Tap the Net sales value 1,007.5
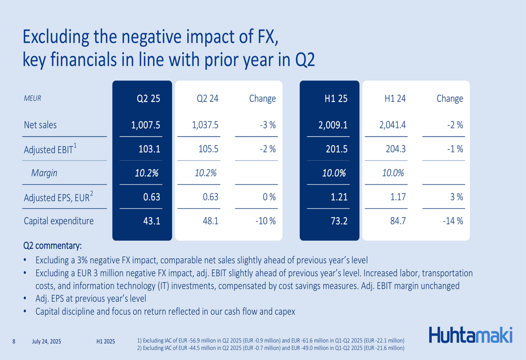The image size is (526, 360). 146,125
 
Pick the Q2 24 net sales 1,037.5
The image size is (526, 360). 206,125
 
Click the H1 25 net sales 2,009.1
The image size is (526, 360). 333,125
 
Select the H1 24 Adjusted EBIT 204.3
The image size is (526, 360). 396,149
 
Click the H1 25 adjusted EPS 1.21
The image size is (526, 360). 338,198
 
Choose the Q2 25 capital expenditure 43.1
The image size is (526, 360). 151,221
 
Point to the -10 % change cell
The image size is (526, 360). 265,221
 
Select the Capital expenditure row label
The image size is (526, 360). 59,221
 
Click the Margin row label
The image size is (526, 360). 44,173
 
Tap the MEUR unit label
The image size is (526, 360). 33,98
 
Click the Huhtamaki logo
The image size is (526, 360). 470,335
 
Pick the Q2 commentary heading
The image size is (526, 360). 53,246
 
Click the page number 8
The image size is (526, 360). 14,342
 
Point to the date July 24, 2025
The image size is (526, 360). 46,342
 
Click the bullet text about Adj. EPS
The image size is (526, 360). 90,299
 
